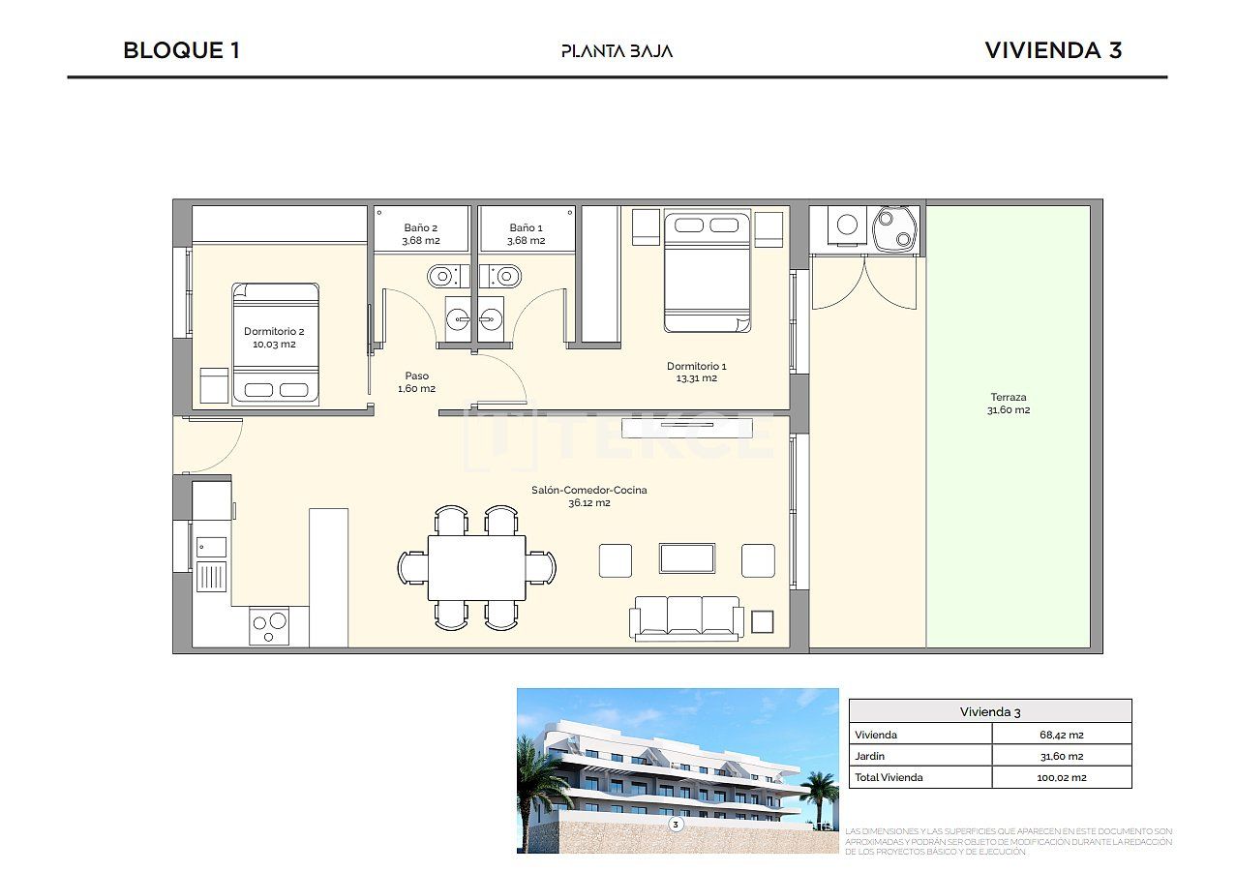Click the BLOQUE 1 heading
[181, 50]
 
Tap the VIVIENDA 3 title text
[1053, 50]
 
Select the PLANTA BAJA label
[617, 51]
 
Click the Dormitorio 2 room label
[270, 331]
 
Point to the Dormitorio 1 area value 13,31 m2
[696, 378]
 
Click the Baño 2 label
[421, 228]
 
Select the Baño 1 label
[527, 228]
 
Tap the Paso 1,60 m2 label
[416, 381]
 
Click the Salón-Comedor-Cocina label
[588, 491]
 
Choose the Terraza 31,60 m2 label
[1008, 404]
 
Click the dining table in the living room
[477, 567]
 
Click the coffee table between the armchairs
[687, 558]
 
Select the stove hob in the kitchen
[269, 625]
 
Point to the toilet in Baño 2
[443, 276]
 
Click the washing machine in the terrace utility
[847, 225]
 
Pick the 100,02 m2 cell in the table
[1061, 777]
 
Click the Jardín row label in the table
[870, 756]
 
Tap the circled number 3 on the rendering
[676, 825]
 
